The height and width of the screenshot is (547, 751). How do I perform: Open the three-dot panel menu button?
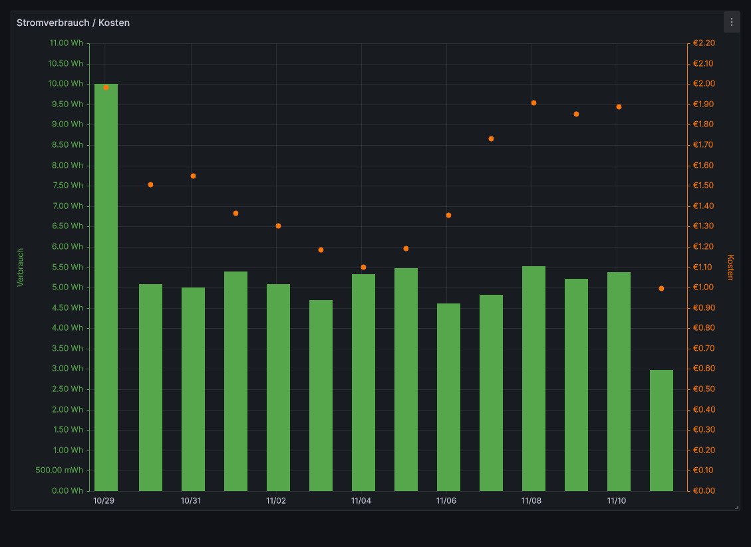731,22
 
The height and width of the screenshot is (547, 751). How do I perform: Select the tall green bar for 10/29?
106,286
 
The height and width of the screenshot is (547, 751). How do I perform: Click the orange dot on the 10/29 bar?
106,87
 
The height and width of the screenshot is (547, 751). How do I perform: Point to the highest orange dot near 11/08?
533,102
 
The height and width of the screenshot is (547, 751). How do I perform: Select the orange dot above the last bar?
661,288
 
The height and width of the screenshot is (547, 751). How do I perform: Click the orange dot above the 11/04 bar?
363,267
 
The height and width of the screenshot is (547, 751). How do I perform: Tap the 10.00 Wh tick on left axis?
66,84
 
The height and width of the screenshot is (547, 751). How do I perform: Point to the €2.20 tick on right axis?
703,43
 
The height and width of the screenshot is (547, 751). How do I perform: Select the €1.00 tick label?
703,287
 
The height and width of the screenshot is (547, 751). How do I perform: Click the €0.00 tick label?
703,491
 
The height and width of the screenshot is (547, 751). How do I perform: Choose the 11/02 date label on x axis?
275,500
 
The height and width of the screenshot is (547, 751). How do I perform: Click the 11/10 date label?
616,500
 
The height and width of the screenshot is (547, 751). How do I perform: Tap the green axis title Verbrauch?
20,267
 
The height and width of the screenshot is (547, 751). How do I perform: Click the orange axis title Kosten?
730,267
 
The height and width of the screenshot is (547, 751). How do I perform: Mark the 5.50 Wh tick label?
66,267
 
